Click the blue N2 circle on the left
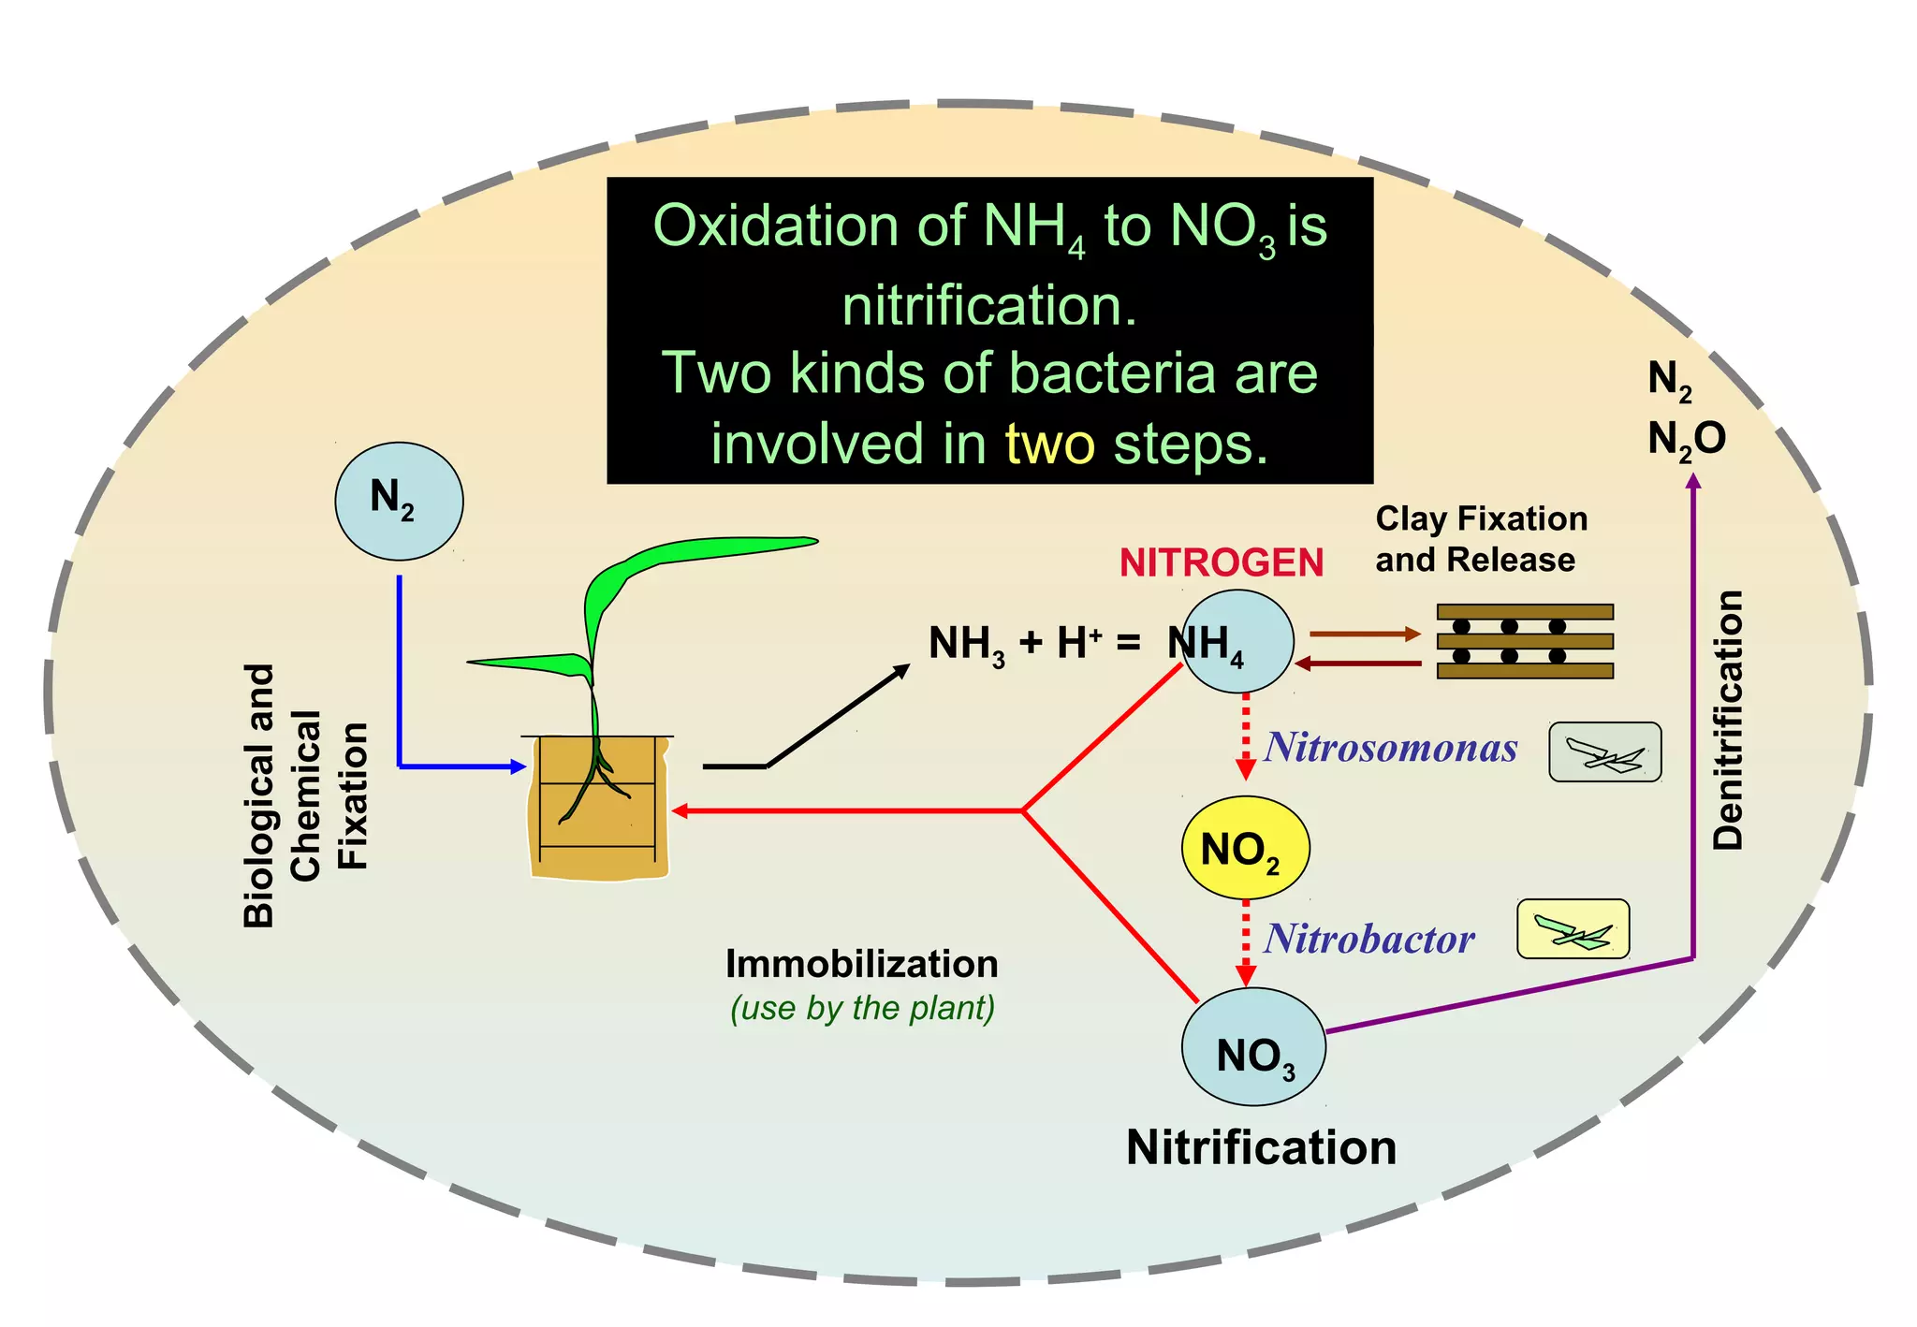[399, 501]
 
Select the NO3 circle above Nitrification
[1253, 1047]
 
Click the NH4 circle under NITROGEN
[1237, 642]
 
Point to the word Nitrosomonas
[1391, 748]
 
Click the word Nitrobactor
[1369, 939]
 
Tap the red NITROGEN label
[1222, 562]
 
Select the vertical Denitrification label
[1727, 720]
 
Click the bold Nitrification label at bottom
[1261, 1147]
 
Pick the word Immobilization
[861, 964]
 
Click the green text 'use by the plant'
[862, 1008]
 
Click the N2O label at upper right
[1687, 438]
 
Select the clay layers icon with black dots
[1525, 641]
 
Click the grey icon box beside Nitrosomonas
[1604, 752]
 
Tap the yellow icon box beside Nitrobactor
[1573, 929]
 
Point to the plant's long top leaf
[711, 552]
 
